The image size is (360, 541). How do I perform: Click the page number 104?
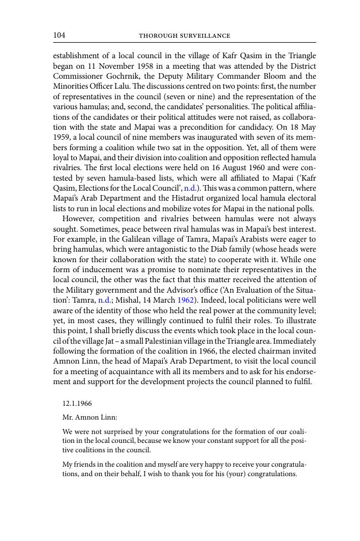click(x=59, y=35)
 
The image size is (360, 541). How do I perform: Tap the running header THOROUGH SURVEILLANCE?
click(x=184, y=36)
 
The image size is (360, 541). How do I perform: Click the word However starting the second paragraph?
click(x=79, y=219)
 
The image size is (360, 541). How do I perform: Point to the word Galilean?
click(x=150, y=239)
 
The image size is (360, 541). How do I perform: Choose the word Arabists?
click(x=264, y=239)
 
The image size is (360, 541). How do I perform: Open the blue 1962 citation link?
click(x=186, y=300)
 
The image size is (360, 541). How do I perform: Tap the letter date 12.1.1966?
click(x=77, y=404)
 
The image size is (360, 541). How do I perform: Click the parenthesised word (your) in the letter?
click(x=235, y=474)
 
